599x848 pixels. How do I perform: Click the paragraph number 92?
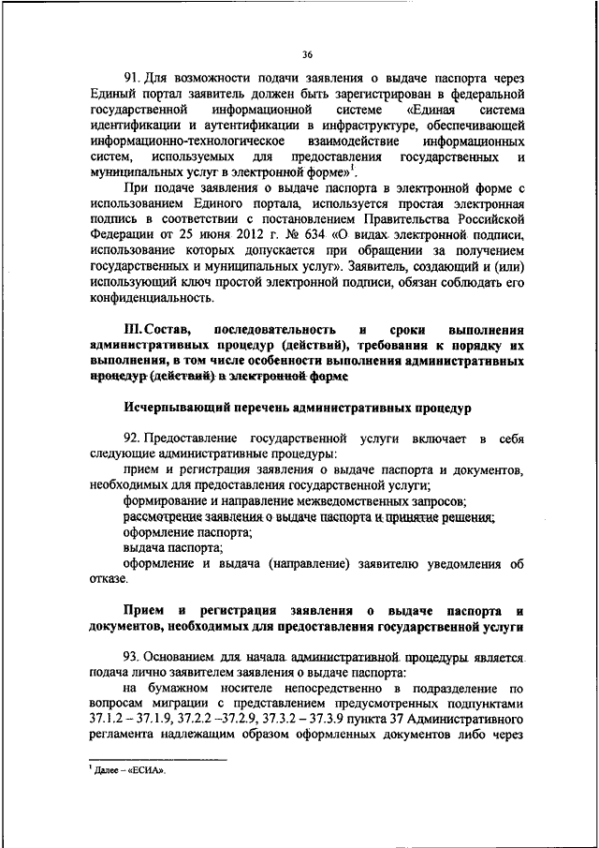[133, 439]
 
